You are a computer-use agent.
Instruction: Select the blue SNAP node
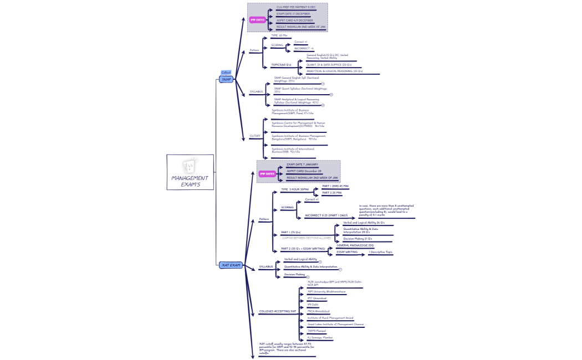[x=226, y=79]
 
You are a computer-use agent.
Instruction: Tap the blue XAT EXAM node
[x=231, y=265]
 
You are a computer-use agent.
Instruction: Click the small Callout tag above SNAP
[x=226, y=73]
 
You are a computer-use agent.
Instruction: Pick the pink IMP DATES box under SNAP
[x=257, y=20]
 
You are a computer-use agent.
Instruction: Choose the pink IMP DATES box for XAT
[x=267, y=174]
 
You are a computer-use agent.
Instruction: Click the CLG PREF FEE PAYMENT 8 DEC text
[x=296, y=7]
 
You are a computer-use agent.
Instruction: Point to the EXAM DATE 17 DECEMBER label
[x=293, y=14]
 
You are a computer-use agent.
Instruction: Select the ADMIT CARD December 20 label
[x=304, y=171]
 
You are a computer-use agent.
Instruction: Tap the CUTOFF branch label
[x=255, y=136]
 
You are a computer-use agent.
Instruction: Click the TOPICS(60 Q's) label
[x=281, y=65]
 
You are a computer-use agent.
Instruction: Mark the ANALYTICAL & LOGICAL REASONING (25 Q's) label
[x=334, y=71]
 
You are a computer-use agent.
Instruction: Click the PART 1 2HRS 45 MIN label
[x=335, y=186]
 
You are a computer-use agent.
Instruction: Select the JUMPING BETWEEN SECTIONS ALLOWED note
[x=306, y=238]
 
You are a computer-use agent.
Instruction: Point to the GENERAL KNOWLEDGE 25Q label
[x=355, y=245]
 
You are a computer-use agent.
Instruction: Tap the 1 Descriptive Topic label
[x=380, y=252]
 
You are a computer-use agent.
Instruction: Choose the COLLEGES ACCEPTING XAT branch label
[x=277, y=311]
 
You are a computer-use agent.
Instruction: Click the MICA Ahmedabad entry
[x=319, y=311]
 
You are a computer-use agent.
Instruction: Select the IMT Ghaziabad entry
[x=316, y=298]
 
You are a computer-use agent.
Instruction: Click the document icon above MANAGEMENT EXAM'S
[x=190, y=166]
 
